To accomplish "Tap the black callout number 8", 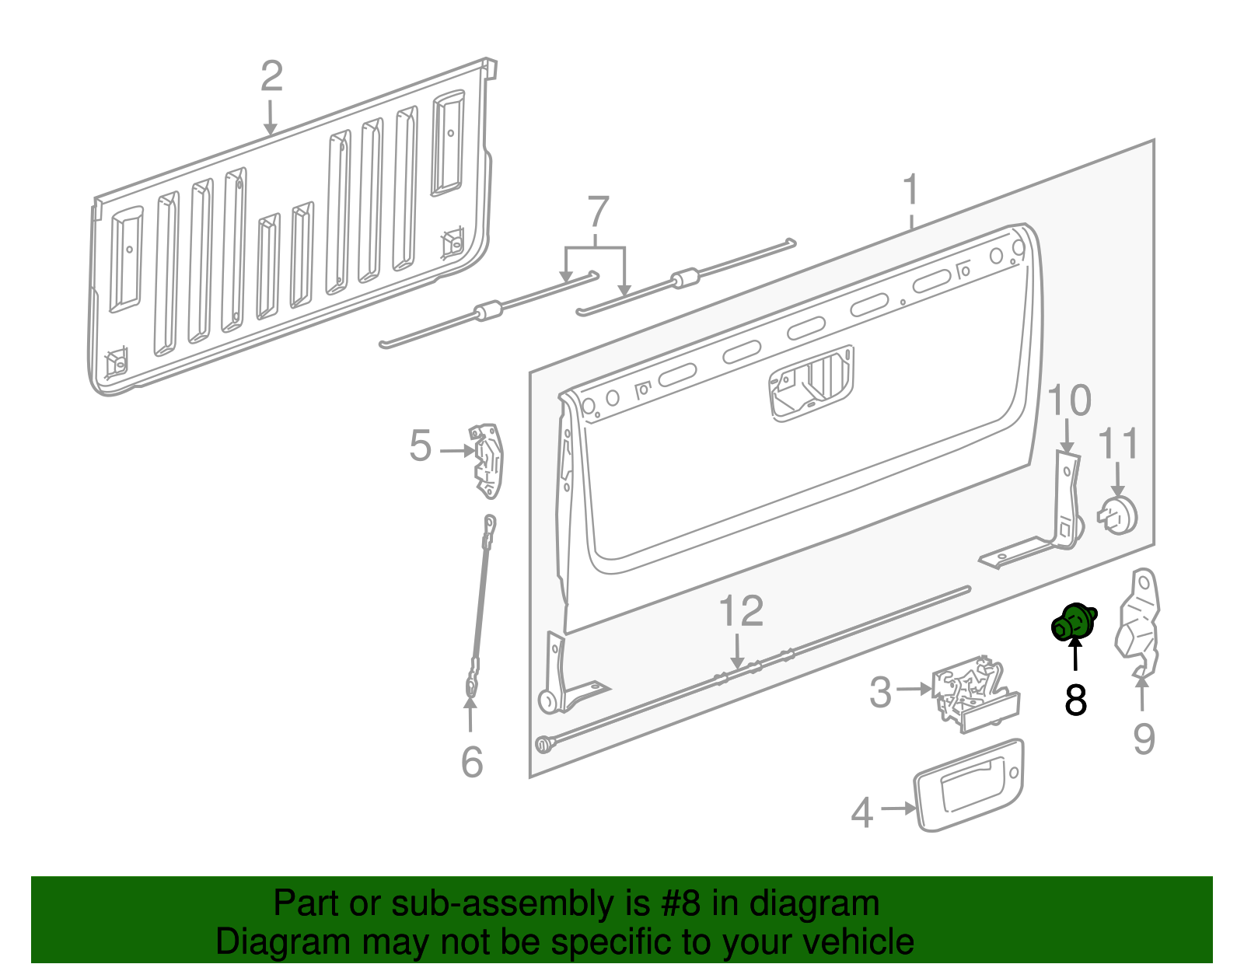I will click(x=1075, y=700).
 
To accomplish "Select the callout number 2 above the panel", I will click(x=271, y=76).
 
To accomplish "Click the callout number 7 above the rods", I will click(x=597, y=211).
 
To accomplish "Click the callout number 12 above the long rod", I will click(x=740, y=611).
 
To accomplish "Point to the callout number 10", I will click(x=1069, y=400).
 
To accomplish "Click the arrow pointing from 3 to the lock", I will click(x=914, y=689).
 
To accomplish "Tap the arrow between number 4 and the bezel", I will click(x=897, y=809).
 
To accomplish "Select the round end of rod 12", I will click(x=542, y=745).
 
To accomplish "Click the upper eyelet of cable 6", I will click(x=489, y=522).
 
